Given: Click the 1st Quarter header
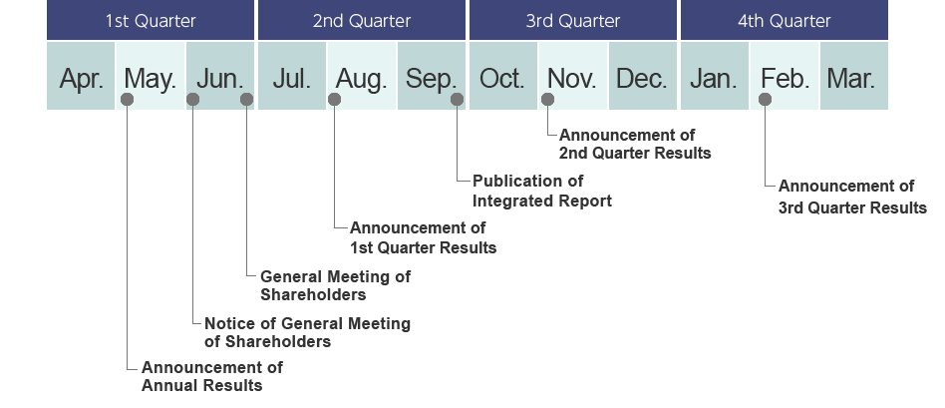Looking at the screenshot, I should (151, 20).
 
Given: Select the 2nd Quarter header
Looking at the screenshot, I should (361, 20).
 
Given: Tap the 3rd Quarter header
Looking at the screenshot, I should (572, 20).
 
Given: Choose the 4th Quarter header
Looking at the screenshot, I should (784, 20).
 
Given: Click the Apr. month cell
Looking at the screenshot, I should (81, 78).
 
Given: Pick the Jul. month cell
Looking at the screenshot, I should (291, 78).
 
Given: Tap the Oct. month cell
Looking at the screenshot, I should (502, 78).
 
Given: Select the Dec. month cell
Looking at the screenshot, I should (642, 78).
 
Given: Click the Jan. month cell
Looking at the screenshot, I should (713, 78).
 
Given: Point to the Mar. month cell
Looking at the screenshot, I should (853, 78).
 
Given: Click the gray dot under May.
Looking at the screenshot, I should (127, 99).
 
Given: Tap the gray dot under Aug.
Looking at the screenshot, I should (335, 99).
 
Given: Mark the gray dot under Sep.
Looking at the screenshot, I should (457, 99).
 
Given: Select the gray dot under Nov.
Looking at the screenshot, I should (547, 99).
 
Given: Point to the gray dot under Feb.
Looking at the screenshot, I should (765, 99).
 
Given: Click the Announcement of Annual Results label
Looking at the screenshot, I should (211, 376).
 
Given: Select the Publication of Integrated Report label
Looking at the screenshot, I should (541, 191).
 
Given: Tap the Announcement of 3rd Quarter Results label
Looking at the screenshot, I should (852, 197).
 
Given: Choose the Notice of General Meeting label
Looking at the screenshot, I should (307, 332).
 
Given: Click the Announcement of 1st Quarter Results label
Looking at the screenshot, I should (423, 237).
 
